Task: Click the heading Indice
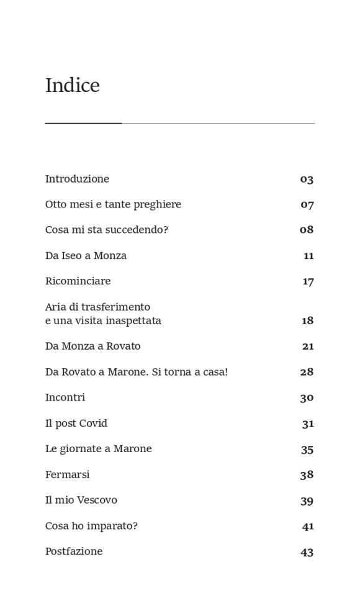coord(72,86)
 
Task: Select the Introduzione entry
coord(77,179)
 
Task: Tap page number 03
coord(307,180)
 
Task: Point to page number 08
coord(307,230)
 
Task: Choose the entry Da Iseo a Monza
coord(86,256)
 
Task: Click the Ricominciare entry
coord(78,281)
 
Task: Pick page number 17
coord(308,282)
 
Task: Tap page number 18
coord(307,321)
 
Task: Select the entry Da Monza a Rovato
coord(92,347)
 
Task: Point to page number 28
coord(307,372)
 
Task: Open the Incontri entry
coord(65,398)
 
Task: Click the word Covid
coord(93,424)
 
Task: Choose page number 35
coord(307,450)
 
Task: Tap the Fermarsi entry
coord(67,475)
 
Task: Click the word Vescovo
coord(96,501)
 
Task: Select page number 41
coord(308,527)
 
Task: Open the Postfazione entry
coord(74,552)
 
